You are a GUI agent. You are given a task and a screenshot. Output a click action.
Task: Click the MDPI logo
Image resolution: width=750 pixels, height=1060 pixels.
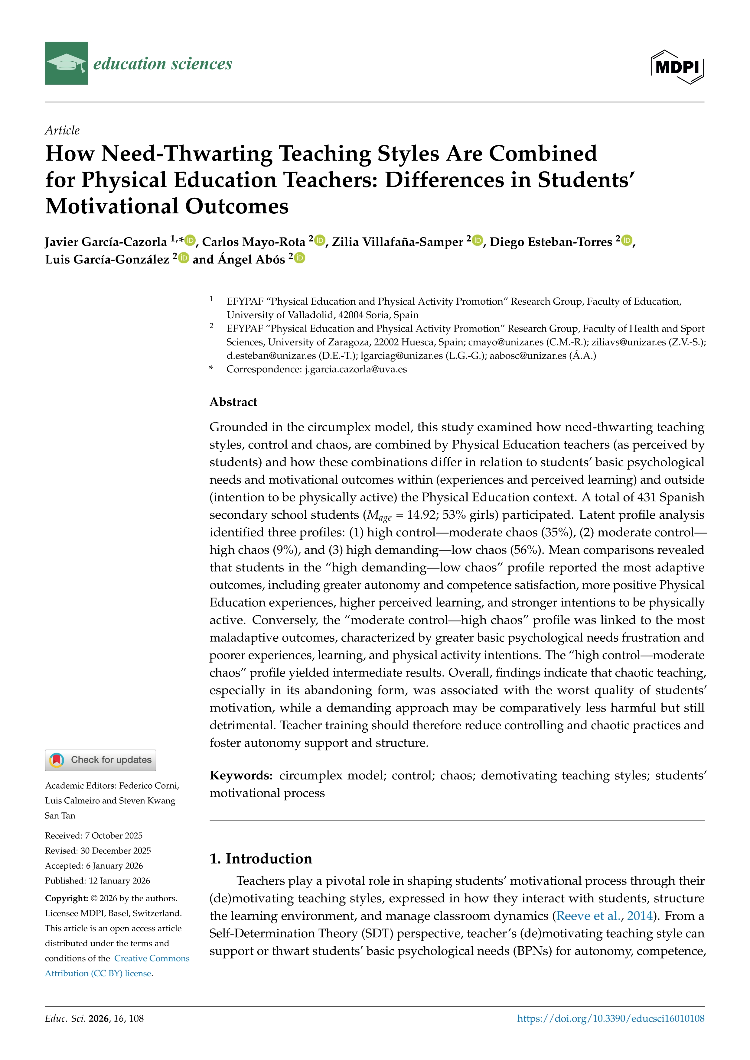tap(677, 67)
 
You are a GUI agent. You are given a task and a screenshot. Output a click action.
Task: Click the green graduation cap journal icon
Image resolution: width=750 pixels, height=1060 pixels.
tap(66, 63)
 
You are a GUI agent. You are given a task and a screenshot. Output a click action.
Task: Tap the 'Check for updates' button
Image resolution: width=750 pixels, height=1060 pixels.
tap(100, 760)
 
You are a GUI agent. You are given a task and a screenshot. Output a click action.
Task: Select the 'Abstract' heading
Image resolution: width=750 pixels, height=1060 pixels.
tap(233, 402)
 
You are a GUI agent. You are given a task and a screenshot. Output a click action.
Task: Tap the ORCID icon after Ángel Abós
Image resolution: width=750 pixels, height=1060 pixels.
tap(300, 258)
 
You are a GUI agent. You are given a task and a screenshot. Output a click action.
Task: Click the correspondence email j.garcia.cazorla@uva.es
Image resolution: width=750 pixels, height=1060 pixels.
tap(356, 369)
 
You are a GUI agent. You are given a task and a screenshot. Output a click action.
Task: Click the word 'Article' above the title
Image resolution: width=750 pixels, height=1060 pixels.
tap(62, 131)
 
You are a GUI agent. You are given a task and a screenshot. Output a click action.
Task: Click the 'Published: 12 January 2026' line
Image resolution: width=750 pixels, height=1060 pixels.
tap(97, 880)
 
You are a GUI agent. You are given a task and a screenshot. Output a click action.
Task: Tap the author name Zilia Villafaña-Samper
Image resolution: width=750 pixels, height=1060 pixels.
tap(397, 242)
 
